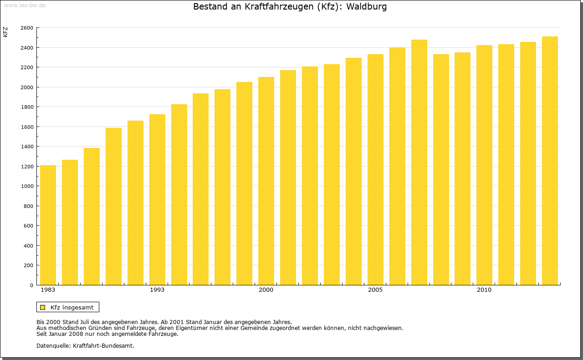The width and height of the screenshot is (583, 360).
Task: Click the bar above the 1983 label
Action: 48,225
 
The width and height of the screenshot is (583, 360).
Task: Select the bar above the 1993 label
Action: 157,200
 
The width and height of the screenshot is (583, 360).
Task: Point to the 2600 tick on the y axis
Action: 27,28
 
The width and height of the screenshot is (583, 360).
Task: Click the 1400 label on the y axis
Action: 27,147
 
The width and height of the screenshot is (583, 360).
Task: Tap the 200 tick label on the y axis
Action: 29,265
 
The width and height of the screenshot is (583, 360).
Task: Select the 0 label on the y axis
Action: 31,285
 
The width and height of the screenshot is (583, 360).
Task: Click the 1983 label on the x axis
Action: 48,290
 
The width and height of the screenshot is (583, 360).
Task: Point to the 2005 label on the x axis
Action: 375,290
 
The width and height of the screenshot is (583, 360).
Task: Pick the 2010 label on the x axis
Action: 484,290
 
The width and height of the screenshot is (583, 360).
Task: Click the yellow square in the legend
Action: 43,307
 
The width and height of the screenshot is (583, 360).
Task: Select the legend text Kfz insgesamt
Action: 72,307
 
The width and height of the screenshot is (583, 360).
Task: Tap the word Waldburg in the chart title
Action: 367,7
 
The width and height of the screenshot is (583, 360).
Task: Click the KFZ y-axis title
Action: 5,32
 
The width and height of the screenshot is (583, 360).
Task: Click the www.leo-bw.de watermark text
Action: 25,4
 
